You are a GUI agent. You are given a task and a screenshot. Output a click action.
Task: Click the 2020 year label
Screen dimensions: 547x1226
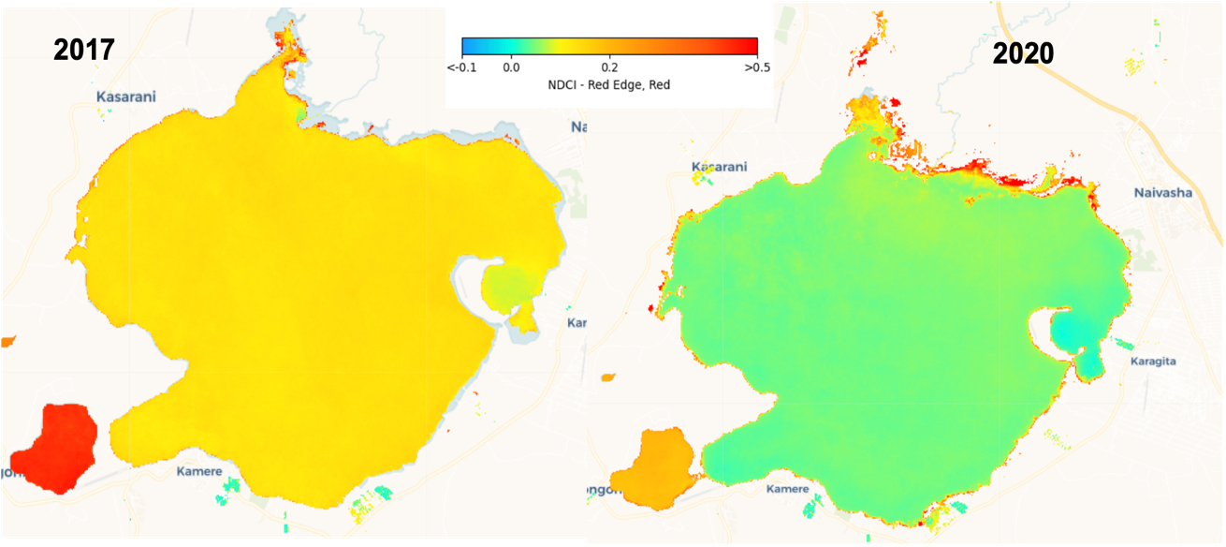pyautogui.click(x=1023, y=54)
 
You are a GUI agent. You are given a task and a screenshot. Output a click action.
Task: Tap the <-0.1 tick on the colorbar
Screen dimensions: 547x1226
pyautogui.click(x=463, y=67)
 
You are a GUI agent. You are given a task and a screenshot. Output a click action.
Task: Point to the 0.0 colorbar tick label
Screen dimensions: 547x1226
pyautogui.click(x=511, y=67)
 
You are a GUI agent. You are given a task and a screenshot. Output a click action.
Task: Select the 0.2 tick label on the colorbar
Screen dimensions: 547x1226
pyautogui.click(x=609, y=67)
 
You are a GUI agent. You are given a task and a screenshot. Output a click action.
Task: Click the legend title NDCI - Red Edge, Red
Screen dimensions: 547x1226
pyautogui.click(x=609, y=84)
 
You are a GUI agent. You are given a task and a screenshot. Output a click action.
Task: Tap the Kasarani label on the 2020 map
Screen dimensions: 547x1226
pyautogui.click(x=719, y=167)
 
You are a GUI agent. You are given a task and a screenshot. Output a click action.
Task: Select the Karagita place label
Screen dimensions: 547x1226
pyautogui.click(x=1152, y=362)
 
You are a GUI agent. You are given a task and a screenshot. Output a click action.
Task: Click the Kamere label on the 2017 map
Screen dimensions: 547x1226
pyautogui.click(x=198, y=471)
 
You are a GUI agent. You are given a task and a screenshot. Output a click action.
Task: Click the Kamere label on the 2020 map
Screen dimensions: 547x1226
pyautogui.click(x=786, y=489)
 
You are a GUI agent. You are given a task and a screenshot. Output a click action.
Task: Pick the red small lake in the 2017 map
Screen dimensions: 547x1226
pyautogui.click(x=54, y=448)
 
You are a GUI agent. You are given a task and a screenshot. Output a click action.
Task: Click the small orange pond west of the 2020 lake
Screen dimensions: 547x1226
pyautogui.click(x=607, y=378)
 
